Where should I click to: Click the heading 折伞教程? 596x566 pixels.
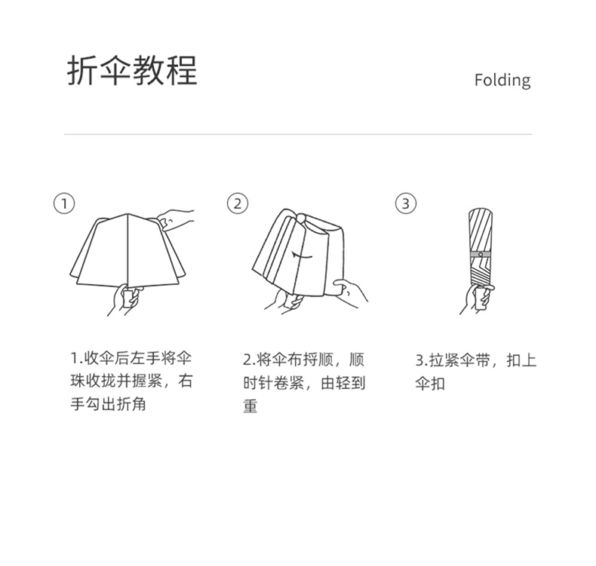coord(132,70)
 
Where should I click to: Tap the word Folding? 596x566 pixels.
coord(502,81)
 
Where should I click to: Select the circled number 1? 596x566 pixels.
coord(64,203)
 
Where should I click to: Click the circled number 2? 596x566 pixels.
coord(238,203)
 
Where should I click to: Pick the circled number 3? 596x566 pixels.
coord(406,203)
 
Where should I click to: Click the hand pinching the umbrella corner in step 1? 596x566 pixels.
coord(175,219)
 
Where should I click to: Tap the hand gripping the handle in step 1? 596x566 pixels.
coord(125,299)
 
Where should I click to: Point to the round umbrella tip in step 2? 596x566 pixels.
coord(301,219)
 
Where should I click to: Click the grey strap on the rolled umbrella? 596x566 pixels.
coord(481,254)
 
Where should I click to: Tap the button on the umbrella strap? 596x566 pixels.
coord(481,254)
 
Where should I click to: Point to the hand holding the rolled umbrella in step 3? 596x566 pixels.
coord(477,299)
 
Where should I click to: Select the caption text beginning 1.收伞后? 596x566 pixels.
coord(131,381)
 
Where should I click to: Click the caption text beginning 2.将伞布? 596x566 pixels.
coord(304,383)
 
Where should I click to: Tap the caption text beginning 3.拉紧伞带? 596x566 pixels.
coord(475,372)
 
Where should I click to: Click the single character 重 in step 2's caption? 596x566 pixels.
coord(250,405)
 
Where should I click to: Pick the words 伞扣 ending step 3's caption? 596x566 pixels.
coord(430,384)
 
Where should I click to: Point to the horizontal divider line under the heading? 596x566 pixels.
coord(297,134)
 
